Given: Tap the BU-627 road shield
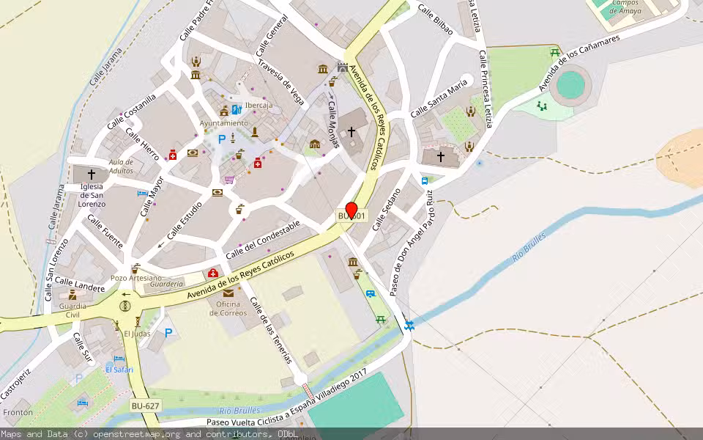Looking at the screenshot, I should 145,406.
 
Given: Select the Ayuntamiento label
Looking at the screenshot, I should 223,123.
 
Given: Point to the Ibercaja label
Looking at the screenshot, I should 258,106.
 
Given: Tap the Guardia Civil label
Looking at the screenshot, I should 72,310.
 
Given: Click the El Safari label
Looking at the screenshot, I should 119,370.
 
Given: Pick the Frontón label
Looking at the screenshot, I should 18,413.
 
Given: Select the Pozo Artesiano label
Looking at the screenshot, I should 135,278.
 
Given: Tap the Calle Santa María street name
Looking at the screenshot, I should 439,98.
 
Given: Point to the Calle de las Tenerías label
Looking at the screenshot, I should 271,330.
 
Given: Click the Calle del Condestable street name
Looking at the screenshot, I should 263,239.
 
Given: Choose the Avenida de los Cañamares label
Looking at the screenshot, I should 579,62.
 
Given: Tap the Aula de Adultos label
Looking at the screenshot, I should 121,166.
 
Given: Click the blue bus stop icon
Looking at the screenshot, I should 425,180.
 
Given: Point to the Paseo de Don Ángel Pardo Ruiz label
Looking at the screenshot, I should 412,242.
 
